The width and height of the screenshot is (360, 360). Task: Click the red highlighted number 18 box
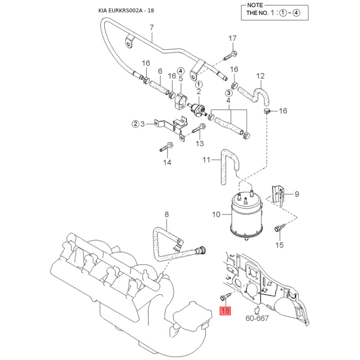pyautogui.click(x=225, y=311)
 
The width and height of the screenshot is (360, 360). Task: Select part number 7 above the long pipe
pyautogui.click(x=152, y=28)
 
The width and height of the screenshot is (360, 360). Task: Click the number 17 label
pyautogui.click(x=232, y=38)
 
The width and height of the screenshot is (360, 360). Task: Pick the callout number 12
pyautogui.click(x=261, y=76)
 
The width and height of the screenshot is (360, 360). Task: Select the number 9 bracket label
pyautogui.click(x=297, y=194)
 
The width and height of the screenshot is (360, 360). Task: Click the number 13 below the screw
pyautogui.click(x=199, y=144)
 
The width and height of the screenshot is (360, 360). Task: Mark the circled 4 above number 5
pyautogui.click(x=180, y=71)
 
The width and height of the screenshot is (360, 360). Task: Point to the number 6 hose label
pyautogui.click(x=160, y=71)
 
